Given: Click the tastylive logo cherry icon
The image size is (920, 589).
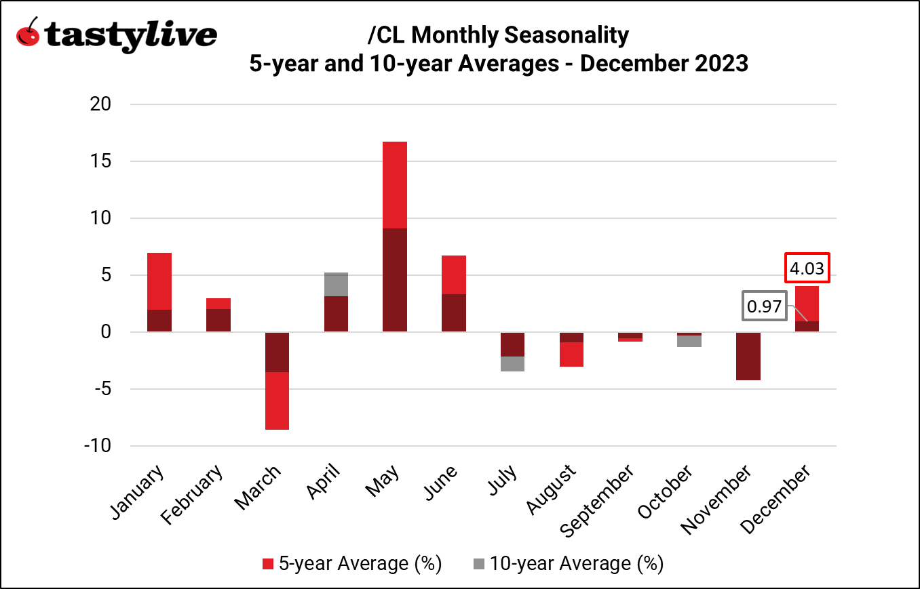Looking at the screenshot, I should pos(28,33).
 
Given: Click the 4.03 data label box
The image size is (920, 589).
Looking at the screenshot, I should pos(807,268).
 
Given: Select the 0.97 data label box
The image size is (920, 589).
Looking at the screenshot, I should pos(764,307).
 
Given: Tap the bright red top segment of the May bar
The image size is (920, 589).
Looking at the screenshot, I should pos(395,185).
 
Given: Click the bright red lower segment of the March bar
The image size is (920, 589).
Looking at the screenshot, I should pos(277,401).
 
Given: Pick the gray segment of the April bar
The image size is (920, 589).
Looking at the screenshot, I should pos(336,285).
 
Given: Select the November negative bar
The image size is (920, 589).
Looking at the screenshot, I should pos(748,356).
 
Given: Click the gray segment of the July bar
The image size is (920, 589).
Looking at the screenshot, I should pos(512,364).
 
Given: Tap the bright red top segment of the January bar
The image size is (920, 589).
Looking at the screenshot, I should pos(159,281).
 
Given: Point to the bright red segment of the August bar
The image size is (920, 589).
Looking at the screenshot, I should pos(571,354).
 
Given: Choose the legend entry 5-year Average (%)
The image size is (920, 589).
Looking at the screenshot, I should pos(352,563).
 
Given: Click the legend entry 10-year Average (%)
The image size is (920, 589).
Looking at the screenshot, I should pos(567,563).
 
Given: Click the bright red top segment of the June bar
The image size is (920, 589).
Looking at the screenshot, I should pos(454,275).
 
